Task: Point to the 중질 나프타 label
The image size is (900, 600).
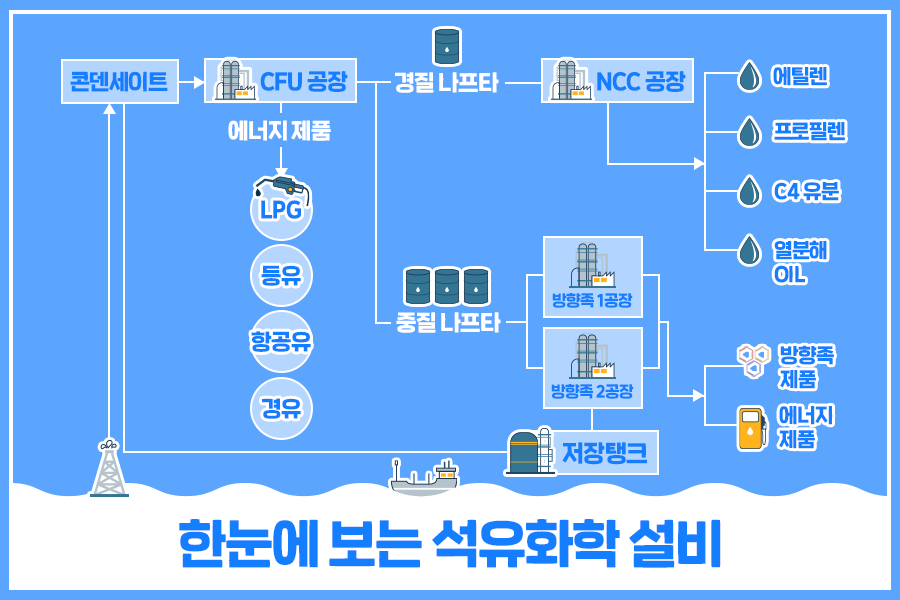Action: (448, 323)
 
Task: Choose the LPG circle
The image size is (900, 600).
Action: (281, 211)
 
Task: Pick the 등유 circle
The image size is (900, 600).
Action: (281, 275)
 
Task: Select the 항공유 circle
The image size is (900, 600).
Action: (281, 342)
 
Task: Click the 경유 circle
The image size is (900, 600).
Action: (281, 408)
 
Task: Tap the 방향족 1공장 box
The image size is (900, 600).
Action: (592, 277)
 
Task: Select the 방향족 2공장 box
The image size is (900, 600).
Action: (592, 367)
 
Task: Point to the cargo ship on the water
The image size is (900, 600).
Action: (424, 477)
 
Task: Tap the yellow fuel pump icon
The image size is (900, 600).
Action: (750, 427)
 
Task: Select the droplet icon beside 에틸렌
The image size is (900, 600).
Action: (748, 76)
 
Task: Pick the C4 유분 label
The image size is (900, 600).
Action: (806, 191)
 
